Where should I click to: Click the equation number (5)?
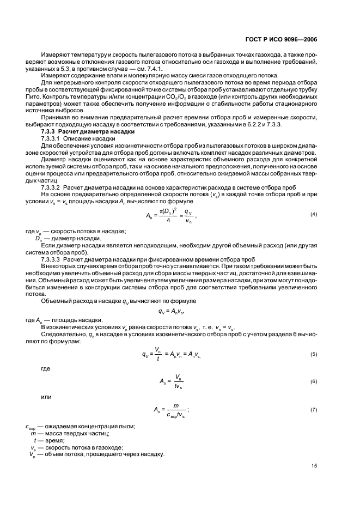(314, 354)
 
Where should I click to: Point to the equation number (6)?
(314, 381)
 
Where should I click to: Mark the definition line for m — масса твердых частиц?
(71, 433)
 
